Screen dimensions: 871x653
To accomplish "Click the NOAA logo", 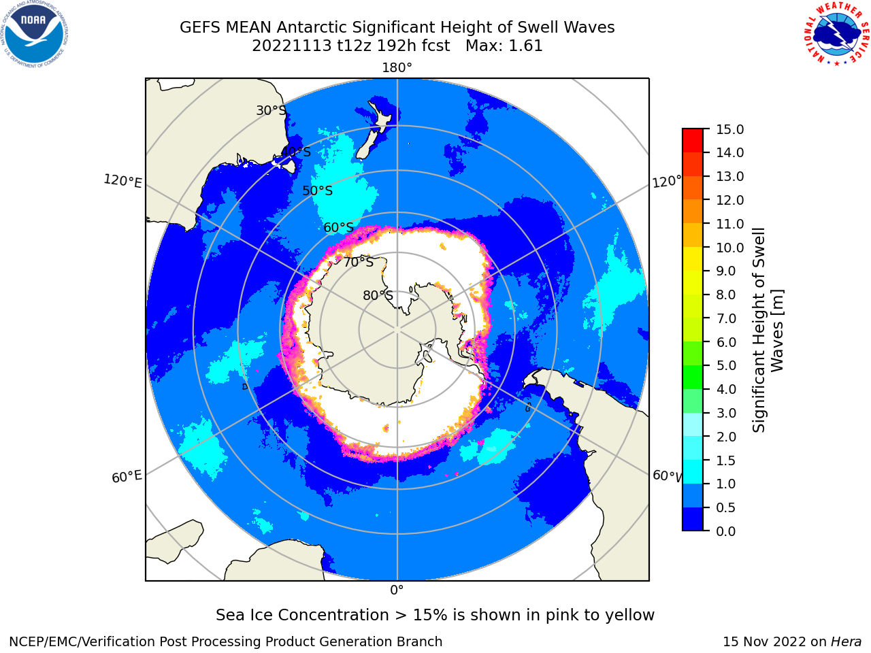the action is coord(35,34).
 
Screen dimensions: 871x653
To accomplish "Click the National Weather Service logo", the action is coord(836,34).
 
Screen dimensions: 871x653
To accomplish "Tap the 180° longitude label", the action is coord(397,68).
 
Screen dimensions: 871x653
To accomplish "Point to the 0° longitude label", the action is coord(397,590).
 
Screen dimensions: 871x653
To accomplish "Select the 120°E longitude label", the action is coord(122,181).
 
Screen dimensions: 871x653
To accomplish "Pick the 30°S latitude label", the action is coord(271,110).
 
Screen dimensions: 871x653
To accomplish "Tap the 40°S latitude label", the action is coord(296,152).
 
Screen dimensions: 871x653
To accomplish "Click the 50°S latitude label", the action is coord(318,190).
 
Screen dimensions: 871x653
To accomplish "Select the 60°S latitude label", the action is coord(338,227).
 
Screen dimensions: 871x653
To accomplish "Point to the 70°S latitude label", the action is coord(359,262).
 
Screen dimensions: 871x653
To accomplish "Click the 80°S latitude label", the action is coord(378,295).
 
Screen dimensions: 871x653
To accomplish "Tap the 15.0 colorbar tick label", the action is coord(729,129).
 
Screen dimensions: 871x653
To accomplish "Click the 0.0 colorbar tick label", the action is coord(726,531).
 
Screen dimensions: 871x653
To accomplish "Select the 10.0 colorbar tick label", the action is coord(729,248).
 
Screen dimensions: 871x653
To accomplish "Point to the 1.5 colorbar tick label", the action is coord(726,461).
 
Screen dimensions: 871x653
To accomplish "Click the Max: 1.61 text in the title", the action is coord(504,46).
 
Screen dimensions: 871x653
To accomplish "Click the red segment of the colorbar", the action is coord(693,140).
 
